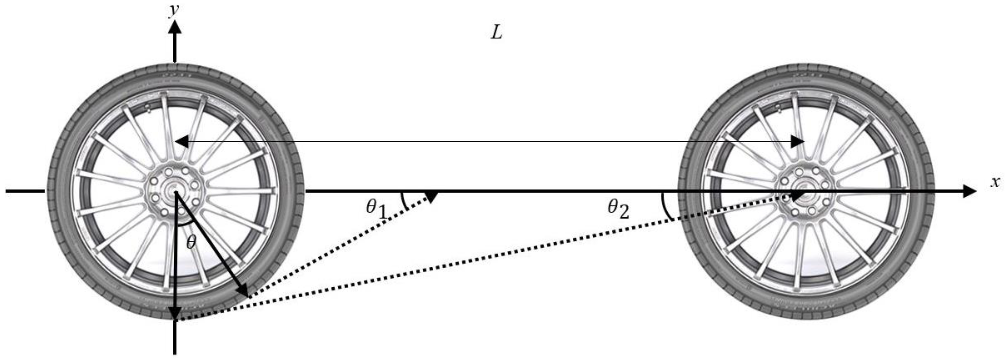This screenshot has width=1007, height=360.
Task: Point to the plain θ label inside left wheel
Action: (x=191, y=243)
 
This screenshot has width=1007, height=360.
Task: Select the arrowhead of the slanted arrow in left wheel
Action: (x=242, y=290)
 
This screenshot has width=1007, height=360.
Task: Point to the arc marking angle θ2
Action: (x=665, y=206)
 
